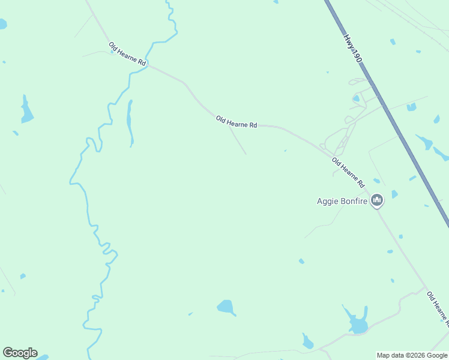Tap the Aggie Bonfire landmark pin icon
pyautogui.click(x=377, y=200)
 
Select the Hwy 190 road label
pyautogui.click(x=352, y=49)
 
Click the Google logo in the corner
pyautogui.click(x=20, y=353)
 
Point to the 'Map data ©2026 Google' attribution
pyautogui.click(x=412, y=355)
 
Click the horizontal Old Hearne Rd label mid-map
pyautogui.click(x=237, y=122)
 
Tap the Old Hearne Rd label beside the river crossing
pyautogui.click(x=127, y=54)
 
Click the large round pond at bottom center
pyautogui.click(x=226, y=307)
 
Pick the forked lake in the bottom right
pyautogui.click(x=357, y=322)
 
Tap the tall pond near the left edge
pyautogui.click(x=26, y=110)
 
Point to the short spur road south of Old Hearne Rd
pyautogui.click(x=237, y=140)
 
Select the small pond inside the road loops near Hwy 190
pyautogui.click(x=357, y=98)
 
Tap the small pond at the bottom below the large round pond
pyautogui.click(x=307, y=343)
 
